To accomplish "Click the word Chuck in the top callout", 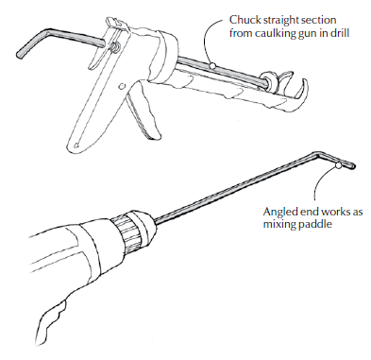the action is point(242,20).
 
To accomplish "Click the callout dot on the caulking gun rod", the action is point(212,65).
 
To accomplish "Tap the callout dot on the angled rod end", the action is point(338,165).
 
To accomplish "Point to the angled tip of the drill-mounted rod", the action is point(353,164).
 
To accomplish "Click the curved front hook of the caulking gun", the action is point(297,91).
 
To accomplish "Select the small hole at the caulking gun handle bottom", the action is point(76,146).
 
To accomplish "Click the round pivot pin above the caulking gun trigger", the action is point(122,86).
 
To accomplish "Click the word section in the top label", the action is point(318,20).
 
